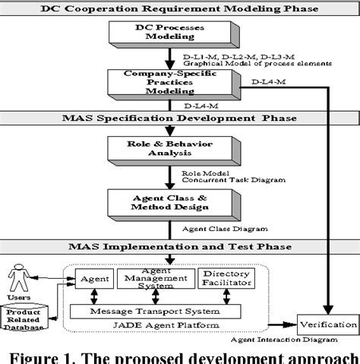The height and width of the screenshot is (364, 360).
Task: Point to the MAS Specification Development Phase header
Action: (x=180, y=117)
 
